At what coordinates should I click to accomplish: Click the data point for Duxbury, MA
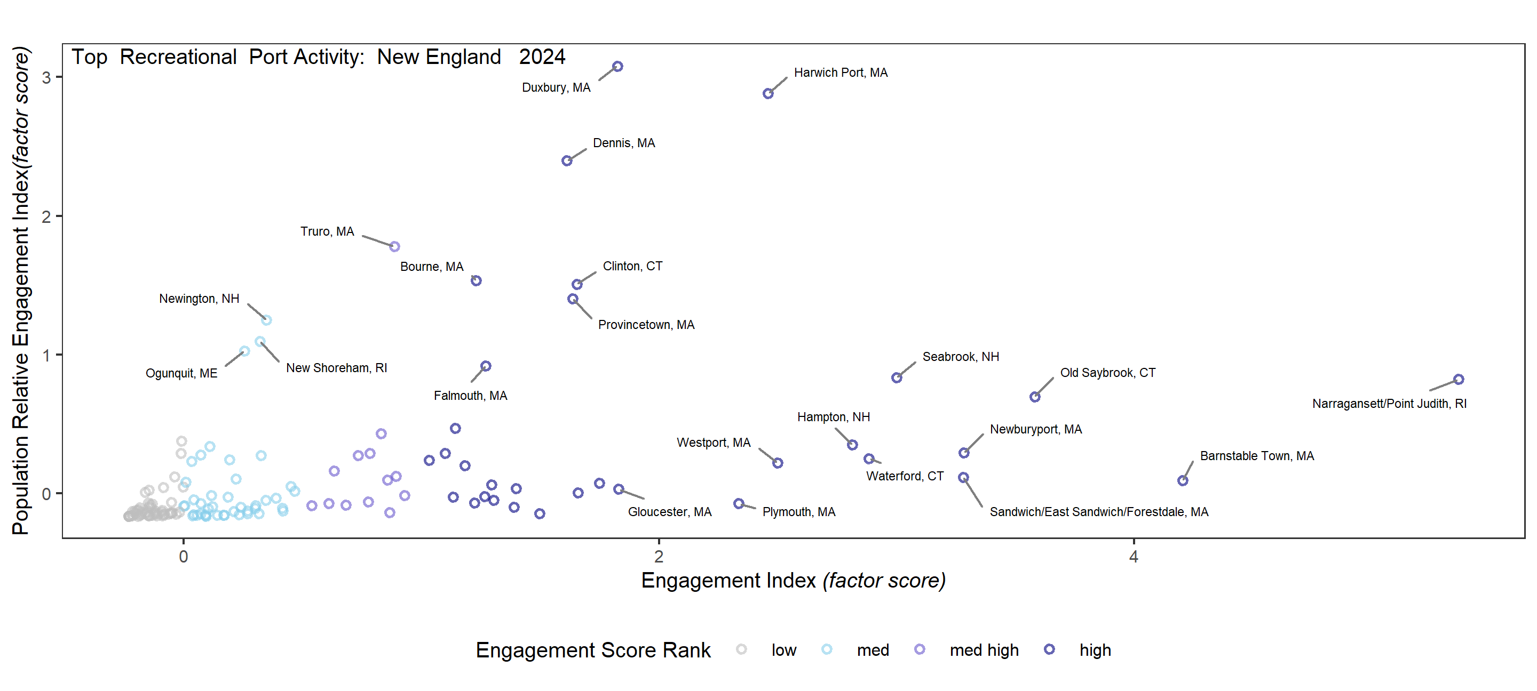pyautogui.click(x=617, y=66)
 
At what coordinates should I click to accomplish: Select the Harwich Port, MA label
pyautogui.click(x=840, y=73)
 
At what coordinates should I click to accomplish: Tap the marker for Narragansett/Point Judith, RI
pyautogui.click(x=1458, y=379)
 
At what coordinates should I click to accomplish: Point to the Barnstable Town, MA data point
pyautogui.click(x=1183, y=480)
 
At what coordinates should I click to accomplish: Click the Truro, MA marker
pyautogui.click(x=394, y=246)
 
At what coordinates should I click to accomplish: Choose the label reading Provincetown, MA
pyautogui.click(x=646, y=325)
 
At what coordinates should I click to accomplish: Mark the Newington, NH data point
pyautogui.click(x=267, y=320)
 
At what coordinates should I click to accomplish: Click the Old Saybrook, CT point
pyautogui.click(x=1035, y=397)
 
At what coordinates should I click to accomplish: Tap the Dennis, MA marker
pyautogui.click(x=567, y=161)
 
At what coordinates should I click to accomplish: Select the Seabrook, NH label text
pyautogui.click(x=960, y=357)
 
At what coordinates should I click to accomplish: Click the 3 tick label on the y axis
pyautogui.click(x=46, y=77)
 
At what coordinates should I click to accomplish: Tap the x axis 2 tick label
pyautogui.click(x=658, y=556)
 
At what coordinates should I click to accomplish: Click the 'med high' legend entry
pyautogui.click(x=983, y=650)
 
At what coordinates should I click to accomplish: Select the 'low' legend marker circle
pyautogui.click(x=741, y=649)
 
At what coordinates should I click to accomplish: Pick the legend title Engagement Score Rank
pyautogui.click(x=592, y=650)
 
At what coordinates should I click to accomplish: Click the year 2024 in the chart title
pyautogui.click(x=542, y=57)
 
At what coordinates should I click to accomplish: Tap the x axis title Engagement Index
pyautogui.click(x=793, y=580)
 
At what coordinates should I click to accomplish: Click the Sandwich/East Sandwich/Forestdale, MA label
pyautogui.click(x=1098, y=512)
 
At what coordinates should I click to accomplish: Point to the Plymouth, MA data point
pyautogui.click(x=739, y=504)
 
